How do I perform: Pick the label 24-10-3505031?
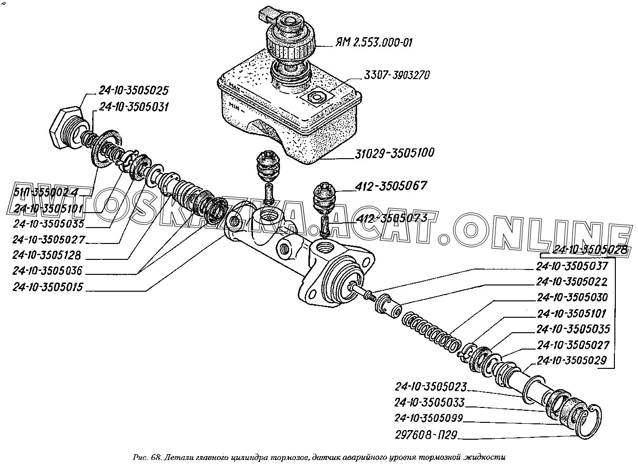point(133,108)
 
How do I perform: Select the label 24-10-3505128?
point(47,255)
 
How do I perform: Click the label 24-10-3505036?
point(47,271)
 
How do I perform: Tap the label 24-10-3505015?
point(48,287)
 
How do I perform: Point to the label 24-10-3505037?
point(572,266)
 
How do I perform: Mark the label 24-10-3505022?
point(572,282)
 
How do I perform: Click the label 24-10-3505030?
point(572,297)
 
